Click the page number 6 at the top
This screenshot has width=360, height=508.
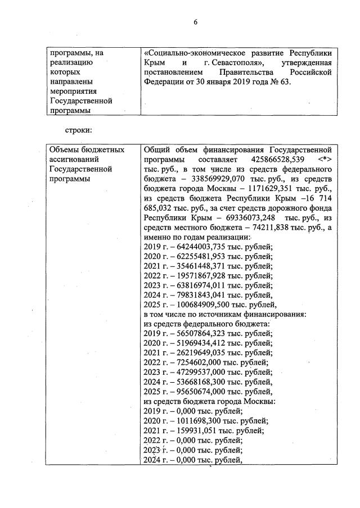coord(195,22)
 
